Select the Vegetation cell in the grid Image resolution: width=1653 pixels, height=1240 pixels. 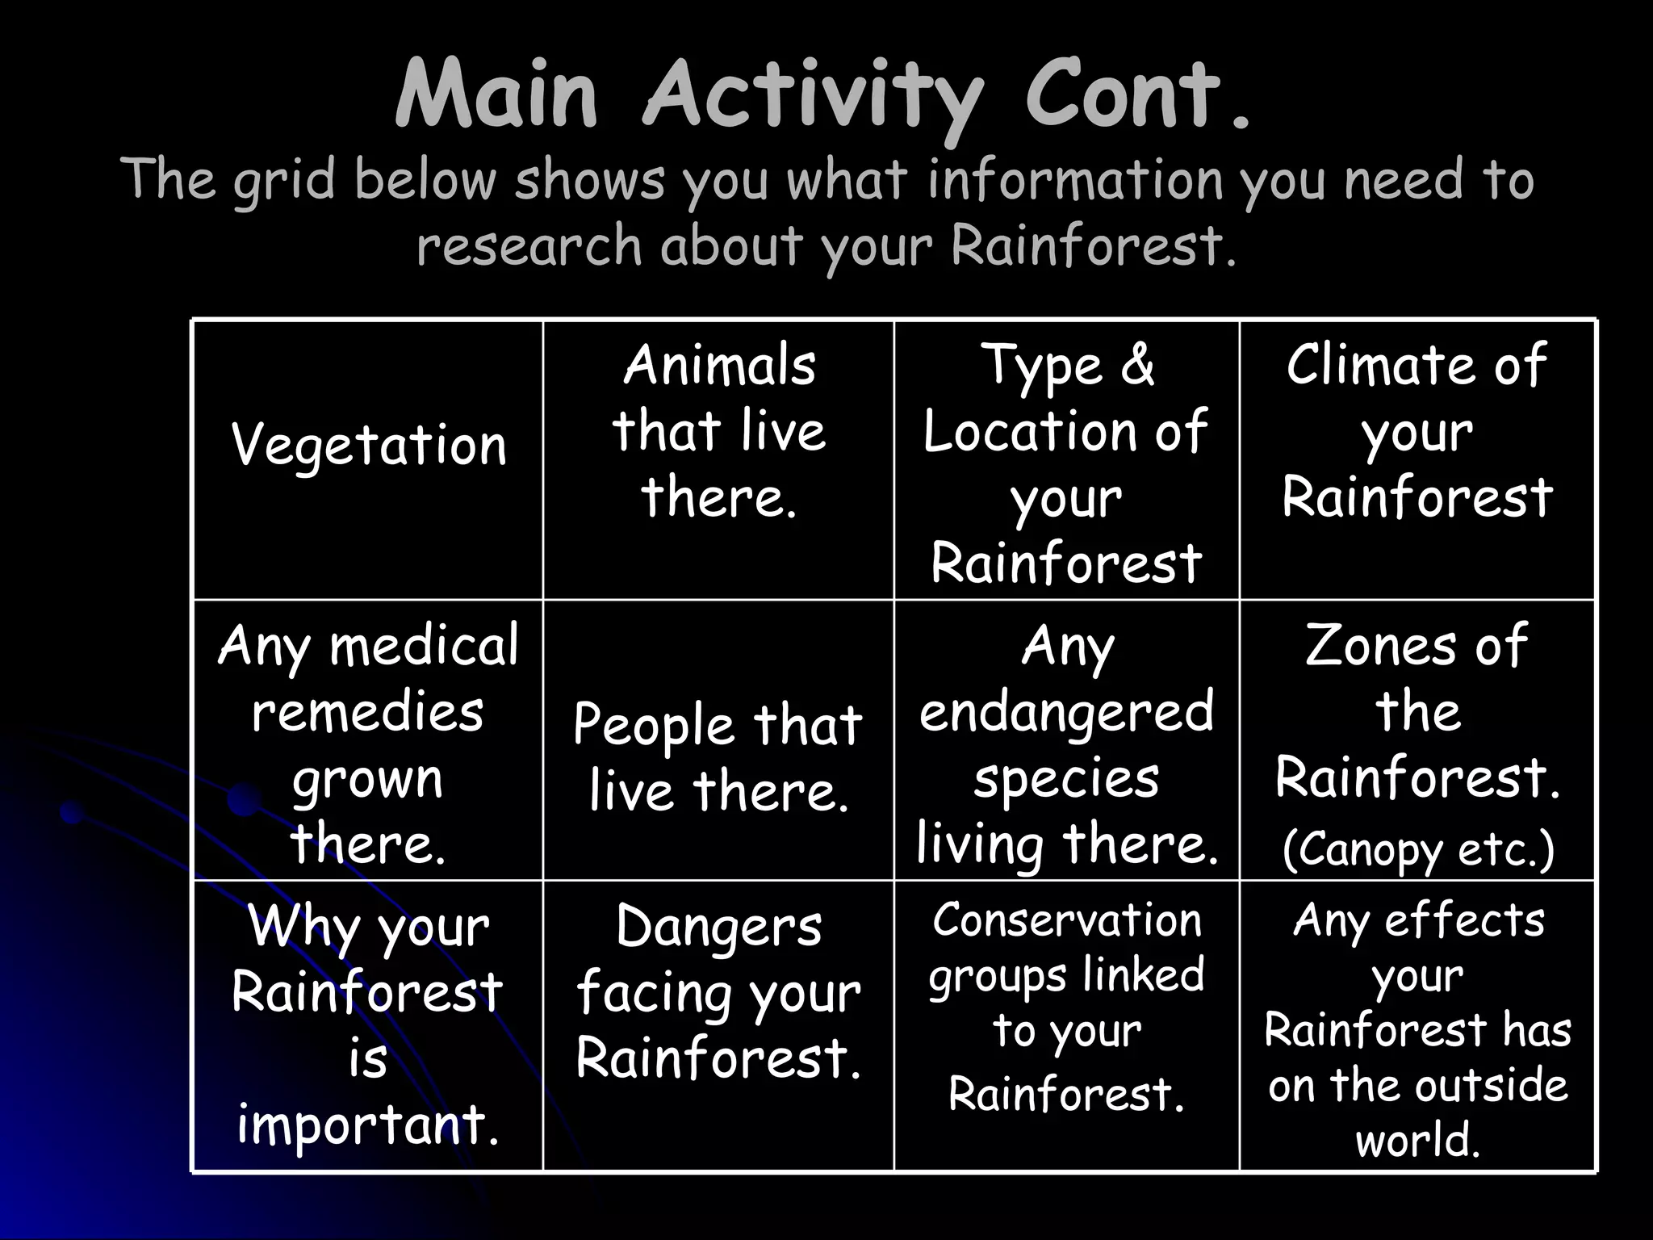369,446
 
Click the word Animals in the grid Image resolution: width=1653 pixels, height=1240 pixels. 719,365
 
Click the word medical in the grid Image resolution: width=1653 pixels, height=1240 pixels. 424,646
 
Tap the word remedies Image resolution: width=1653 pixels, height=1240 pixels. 368,712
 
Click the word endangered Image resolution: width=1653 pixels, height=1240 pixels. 1066,712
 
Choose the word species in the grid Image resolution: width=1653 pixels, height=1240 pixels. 1066,778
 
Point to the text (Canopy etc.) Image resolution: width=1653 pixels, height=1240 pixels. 1417,849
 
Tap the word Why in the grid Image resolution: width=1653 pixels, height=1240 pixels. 303,927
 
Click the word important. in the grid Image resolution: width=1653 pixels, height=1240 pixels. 368,1124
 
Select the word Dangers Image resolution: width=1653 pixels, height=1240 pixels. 718,927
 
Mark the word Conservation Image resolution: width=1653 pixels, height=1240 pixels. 1066,920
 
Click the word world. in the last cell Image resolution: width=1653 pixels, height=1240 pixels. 1417,1140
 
